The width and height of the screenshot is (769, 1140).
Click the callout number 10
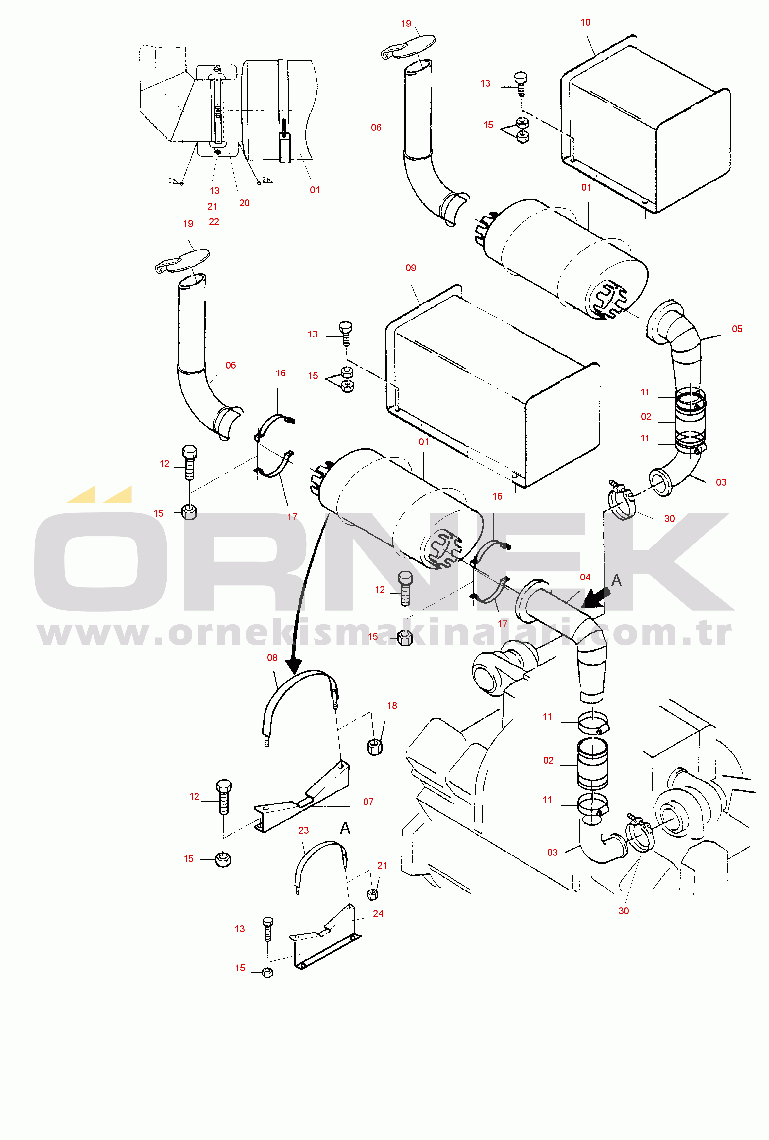pos(585,23)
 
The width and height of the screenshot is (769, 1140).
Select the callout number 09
pos(411,268)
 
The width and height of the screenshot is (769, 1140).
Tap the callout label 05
pos(737,329)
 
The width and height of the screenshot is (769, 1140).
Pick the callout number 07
pos(368,802)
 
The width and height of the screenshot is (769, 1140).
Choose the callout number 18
pos(392,706)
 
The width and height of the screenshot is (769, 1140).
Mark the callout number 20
pos(244,203)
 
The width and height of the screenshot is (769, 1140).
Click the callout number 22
pos(214,222)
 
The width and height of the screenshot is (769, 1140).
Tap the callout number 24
pos(378,914)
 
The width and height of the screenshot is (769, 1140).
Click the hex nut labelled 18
pos(375,747)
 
